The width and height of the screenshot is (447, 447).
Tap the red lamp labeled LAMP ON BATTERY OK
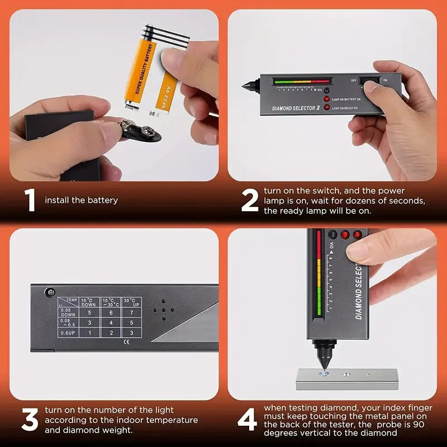[x=327, y=99]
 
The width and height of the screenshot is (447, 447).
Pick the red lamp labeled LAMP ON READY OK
[x=327, y=107]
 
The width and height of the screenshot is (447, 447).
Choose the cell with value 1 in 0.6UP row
[x=89, y=332]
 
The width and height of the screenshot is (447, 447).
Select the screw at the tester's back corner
[x=51, y=291]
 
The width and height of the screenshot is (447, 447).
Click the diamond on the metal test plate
[x=322, y=373]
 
